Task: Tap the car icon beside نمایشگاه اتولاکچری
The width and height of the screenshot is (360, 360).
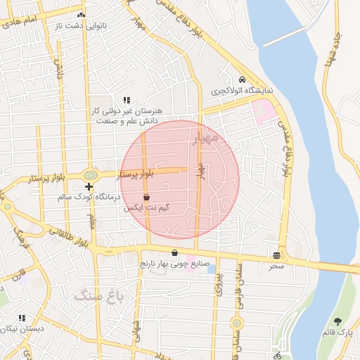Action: point(242,79)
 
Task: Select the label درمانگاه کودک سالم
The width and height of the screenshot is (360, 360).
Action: point(89,198)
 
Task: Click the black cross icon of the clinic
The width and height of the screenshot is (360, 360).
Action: point(89,186)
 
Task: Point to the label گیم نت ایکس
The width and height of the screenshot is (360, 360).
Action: point(146,209)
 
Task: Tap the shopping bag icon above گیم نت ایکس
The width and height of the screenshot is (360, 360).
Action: point(146,198)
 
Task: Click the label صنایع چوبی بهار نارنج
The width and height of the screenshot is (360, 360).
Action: point(174,264)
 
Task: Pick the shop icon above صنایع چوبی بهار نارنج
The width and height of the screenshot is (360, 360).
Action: point(174,253)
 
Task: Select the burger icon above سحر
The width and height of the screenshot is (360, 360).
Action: point(276,255)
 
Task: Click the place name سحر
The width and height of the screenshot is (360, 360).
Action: point(276,266)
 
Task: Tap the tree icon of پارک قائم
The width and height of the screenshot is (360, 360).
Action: point(338,320)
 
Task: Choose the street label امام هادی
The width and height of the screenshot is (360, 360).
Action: point(21,24)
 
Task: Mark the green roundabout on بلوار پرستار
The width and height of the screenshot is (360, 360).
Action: point(90,174)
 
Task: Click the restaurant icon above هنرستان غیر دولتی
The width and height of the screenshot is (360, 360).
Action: point(127,100)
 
